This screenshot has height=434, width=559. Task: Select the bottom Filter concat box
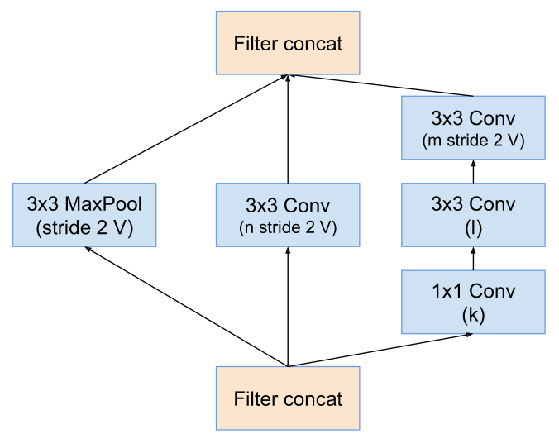point(287,399)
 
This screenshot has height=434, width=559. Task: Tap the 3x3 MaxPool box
point(84,216)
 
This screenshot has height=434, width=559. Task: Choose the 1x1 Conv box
point(473,302)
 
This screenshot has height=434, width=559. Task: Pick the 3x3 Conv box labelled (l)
point(473,215)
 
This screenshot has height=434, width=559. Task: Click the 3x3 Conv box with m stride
point(473,128)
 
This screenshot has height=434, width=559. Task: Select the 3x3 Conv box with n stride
point(287,216)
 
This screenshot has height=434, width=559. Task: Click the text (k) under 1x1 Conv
point(473,315)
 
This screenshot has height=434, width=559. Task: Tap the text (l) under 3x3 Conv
point(473,227)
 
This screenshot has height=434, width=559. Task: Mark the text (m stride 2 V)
point(473,140)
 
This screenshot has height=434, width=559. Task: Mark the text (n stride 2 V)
point(287,227)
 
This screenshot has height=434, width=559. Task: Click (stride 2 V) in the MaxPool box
point(84,227)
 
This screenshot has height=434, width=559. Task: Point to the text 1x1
point(447,291)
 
